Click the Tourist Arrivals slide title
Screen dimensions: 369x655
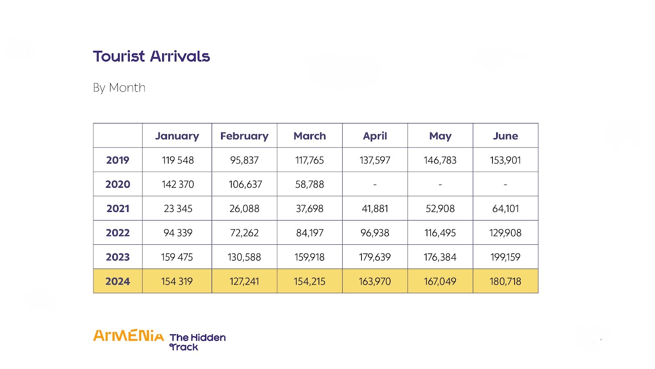(151, 56)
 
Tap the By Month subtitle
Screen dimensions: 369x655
(119, 88)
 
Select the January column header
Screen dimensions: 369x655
(177, 136)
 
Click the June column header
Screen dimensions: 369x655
(505, 136)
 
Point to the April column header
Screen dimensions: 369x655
(375, 136)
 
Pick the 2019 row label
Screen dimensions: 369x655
(117, 160)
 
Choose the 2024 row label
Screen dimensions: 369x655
(117, 281)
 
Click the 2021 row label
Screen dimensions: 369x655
(117, 208)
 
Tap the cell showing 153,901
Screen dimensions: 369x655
(505, 160)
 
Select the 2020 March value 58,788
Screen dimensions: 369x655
(309, 184)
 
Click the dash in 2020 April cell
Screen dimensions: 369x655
(375, 184)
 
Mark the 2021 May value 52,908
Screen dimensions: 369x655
(440, 208)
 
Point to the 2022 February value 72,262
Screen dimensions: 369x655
(244, 233)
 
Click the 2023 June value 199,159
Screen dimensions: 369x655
(505, 257)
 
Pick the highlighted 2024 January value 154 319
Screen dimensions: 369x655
(177, 281)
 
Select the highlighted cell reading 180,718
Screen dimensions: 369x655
(505, 281)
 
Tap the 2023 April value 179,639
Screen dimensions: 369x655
(375, 257)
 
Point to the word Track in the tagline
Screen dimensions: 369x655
(184, 347)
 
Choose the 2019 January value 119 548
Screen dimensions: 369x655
(178, 160)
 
